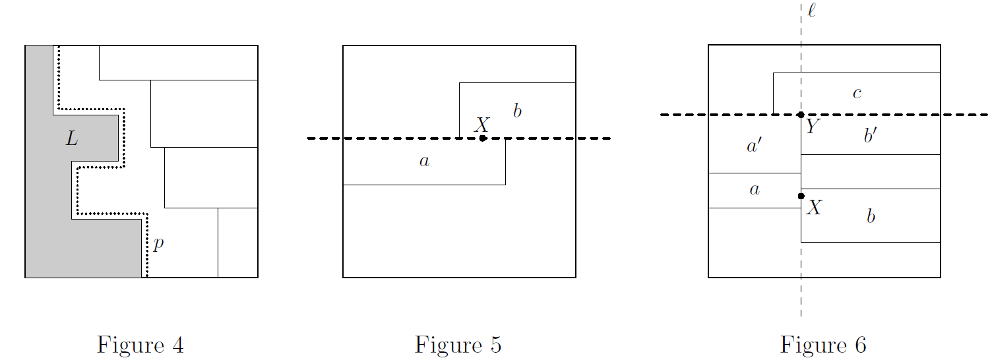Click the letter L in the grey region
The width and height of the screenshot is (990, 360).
pos(72,138)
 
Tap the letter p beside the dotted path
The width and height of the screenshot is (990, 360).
pos(158,245)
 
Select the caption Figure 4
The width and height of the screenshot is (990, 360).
pos(140,345)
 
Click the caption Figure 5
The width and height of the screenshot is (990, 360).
pos(458,345)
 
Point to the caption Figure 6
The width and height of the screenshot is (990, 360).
pos(823,345)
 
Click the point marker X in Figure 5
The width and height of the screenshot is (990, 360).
pos(483,138)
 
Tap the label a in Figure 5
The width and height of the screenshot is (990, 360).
pos(424,161)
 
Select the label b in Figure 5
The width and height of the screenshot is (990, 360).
pos(517,111)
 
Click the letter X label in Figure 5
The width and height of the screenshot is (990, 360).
pos(482,125)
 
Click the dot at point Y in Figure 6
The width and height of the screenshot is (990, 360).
pos(801,115)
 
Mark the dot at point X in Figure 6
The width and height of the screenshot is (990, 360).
pos(801,196)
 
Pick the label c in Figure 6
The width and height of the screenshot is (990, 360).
pos(857,94)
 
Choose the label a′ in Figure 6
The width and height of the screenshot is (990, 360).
pos(755,146)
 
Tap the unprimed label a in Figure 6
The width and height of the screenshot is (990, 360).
pos(755,191)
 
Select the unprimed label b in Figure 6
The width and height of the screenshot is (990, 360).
pos(871,216)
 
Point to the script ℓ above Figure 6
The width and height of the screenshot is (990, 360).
pos(811,11)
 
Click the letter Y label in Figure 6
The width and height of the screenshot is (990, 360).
pos(812,127)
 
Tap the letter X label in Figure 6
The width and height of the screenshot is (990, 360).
pos(815,208)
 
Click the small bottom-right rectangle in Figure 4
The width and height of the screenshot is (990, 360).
pos(237,243)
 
